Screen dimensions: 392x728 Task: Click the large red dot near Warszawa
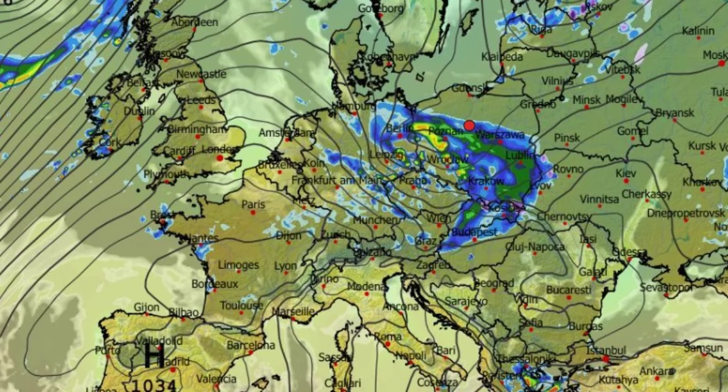(x=469, y=125)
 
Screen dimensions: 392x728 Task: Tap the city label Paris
(x=254, y=204)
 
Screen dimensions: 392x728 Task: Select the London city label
(x=216, y=149)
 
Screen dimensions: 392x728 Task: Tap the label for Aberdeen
(x=194, y=22)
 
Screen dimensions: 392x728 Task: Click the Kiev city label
(x=626, y=173)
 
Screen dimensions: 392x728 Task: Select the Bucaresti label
(x=568, y=290)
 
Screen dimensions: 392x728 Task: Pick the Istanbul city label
(x=606, y=350)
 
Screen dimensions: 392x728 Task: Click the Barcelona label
(x=251, y=345)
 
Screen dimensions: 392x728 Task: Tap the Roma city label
(x=388, y=336)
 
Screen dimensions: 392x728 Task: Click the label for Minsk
(x=587, y=99)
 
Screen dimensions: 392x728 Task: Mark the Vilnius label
(x=557, y=81)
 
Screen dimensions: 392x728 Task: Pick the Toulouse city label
(x=241, y=305)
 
